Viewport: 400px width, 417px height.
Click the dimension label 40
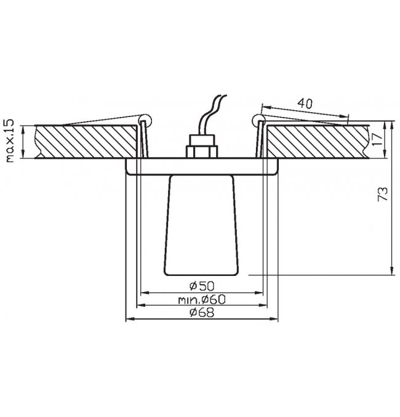pos(305,103)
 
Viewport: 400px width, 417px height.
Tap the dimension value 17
pos(377,139)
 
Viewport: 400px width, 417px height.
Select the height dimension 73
pos(383,194)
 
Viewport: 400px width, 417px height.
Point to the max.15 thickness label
pos(9,140)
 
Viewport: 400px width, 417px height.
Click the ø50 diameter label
pos(202,286)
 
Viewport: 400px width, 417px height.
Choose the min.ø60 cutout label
pos(202,300)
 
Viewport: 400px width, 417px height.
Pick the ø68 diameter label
pos(202,312)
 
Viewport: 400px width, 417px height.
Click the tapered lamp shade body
pos(201,225)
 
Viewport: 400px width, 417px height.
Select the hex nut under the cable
pos(202,152)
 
